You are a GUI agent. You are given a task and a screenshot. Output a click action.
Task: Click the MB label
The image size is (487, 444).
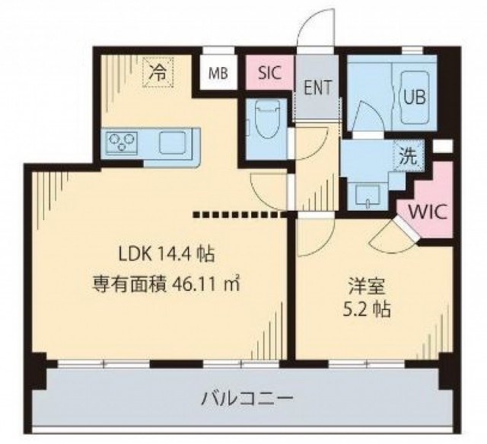coord(218,73)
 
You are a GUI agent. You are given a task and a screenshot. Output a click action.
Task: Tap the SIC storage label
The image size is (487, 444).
coord(270,73)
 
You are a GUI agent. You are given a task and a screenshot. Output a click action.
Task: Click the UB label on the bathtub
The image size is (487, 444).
coord(414,97)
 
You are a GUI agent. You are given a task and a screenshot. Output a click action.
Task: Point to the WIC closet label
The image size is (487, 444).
coord(428,212)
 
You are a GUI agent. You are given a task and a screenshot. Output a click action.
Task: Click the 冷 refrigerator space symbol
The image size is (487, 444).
coord(158,73)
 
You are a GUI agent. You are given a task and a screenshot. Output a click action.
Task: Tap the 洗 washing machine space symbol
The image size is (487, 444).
coord(408,156)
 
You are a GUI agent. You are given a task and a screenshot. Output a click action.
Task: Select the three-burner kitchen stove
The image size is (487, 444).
coord(122,142)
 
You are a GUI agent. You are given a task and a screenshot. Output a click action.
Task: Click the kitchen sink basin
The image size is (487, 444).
coord(173,142)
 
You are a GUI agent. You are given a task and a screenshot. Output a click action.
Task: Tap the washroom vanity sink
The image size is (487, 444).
coord(367,196)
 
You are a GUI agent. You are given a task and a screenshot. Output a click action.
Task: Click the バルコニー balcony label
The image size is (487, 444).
coord(247,398)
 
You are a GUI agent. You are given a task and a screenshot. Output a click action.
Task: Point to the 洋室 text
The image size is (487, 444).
coord(367,286)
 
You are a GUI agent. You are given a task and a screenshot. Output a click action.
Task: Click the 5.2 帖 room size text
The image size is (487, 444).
coord(367,309)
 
